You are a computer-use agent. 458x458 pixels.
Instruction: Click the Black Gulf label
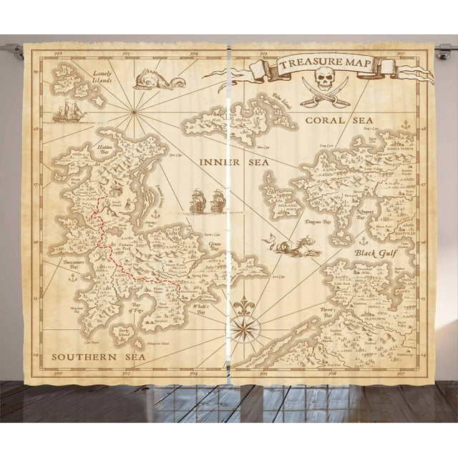pos(374,253)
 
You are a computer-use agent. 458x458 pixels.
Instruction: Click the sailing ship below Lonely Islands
pos(68,111)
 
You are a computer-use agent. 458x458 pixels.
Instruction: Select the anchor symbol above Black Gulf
pos(363,240)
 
